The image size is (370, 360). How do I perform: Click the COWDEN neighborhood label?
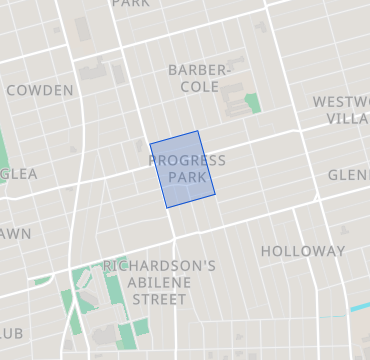point(40,91)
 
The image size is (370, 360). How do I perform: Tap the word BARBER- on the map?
point(199,70)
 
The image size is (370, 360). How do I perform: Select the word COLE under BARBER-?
point(199,87)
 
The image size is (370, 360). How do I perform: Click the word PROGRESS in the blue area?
point(187,161)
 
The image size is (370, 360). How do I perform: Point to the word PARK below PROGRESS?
point(187,177)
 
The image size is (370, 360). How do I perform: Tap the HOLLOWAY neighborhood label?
point(302,252)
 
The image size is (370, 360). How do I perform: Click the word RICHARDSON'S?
point(159,266)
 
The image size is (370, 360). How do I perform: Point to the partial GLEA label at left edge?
point(19,174)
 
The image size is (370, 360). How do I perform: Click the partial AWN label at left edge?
point(16,234)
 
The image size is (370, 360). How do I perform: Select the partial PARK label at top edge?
point(129,4)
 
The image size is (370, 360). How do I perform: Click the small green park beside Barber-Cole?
point(253,102)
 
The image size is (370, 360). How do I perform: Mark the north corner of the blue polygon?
point(197,131)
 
